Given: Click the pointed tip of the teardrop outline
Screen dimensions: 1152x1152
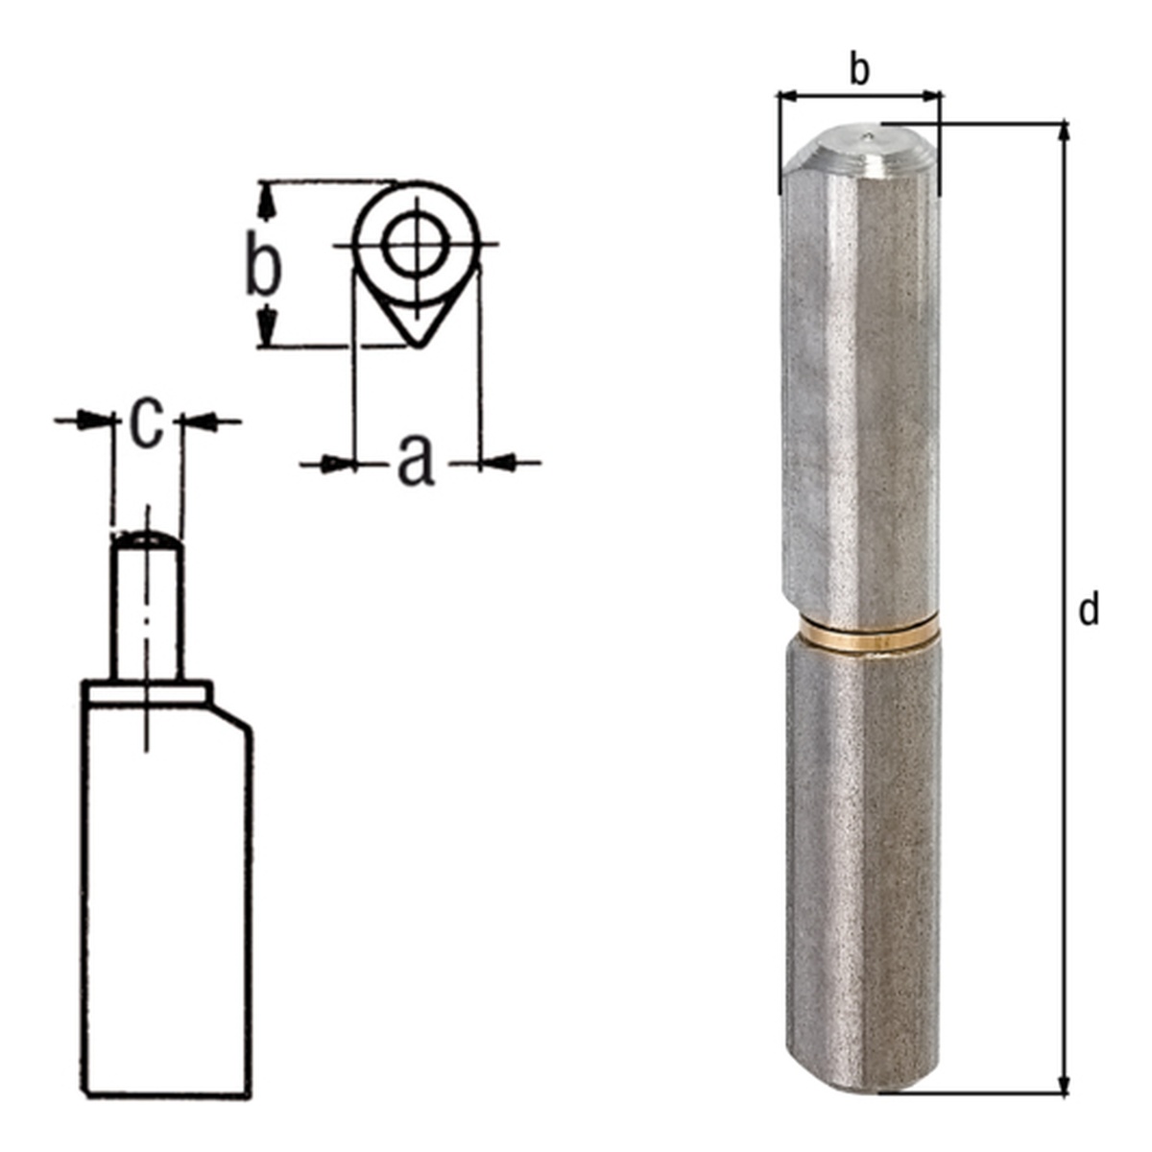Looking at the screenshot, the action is [x=419, y=345].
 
